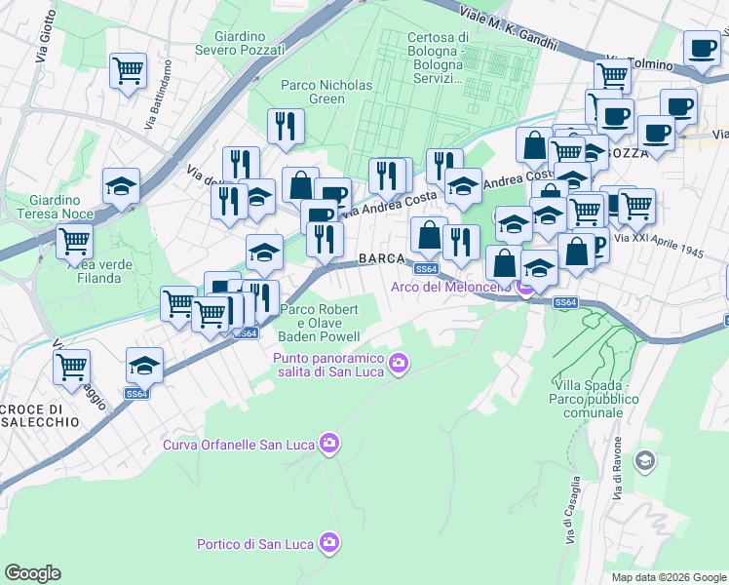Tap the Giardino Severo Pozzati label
click(x=240, y=42)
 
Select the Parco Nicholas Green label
click(x=326, y=92)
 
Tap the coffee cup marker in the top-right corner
click(x=701, y=48)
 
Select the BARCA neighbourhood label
click(x=381, y=258)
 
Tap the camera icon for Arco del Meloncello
click(x=525, y=286)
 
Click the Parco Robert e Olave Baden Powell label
click(x=319, y=323)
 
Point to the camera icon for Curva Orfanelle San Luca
click(x=329, y=445)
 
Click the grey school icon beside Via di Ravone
click(x=644, y=459)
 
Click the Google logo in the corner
click(x=32, y=573)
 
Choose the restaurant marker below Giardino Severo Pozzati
click(x=287, y=126)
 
